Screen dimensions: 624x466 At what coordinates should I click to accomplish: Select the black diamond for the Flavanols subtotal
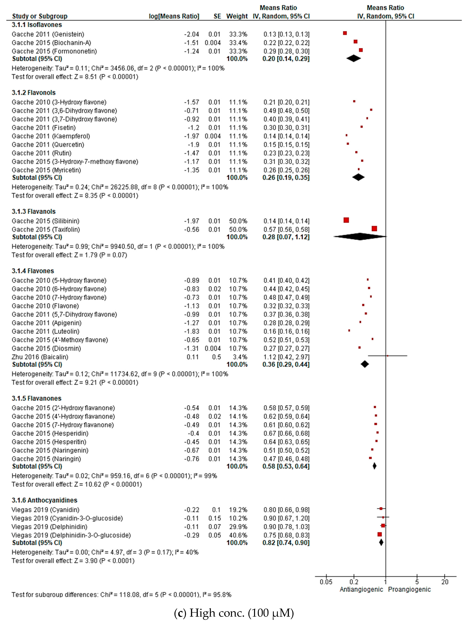pyautogui.click(x=360, y=236)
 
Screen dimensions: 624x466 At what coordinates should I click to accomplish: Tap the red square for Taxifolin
pyautogui.click(x=374, y=228)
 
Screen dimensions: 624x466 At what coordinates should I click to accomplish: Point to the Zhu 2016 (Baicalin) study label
pyautogui.click(x=40, y=357)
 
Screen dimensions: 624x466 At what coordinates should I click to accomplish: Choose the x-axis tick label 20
pyautogui.click(x=445, y=582)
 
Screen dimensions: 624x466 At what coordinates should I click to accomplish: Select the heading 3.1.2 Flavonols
pyautogui.click(x=34, y=93)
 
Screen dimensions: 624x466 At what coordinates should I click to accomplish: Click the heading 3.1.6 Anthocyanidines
pyautogui.click(x=44, y=500)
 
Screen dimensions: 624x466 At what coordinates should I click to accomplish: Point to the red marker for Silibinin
pyautogui.click(x=346, y=220)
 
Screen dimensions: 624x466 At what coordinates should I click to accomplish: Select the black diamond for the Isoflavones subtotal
pyautogui.click(x=353, y=58)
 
